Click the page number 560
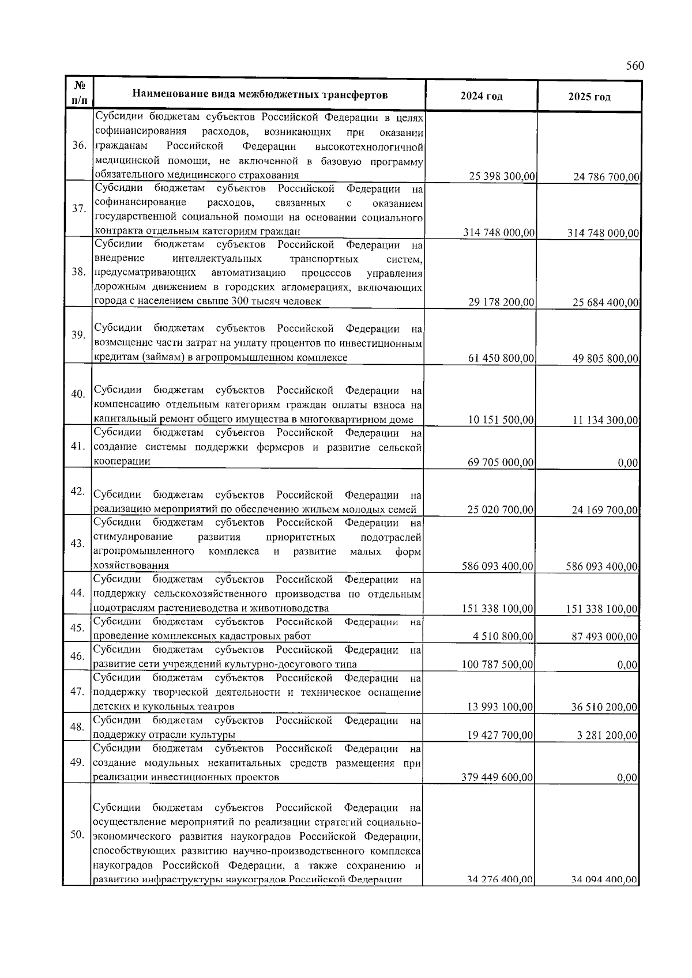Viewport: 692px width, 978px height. coord(634,66)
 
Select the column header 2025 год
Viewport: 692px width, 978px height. coord(589,96)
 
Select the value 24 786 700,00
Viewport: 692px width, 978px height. coord(607,177)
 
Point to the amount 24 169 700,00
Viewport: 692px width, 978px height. coord(605,510)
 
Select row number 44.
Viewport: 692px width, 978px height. coord(78,593)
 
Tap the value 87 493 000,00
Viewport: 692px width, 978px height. coord(605,637)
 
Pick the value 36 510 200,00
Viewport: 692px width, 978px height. coord(605,707)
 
